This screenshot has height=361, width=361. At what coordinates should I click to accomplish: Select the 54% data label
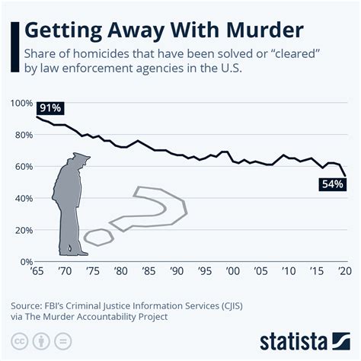(x=334, y=184)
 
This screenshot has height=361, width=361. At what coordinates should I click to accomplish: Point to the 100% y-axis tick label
(x=21, y=103)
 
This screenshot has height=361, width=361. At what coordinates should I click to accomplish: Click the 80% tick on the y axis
(x=22, y=135)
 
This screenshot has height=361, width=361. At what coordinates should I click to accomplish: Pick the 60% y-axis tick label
(x=22, y=166)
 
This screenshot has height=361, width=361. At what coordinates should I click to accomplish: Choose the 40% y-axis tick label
(x=22, y=198)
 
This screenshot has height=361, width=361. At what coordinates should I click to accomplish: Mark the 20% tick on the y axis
(x=22, y=230)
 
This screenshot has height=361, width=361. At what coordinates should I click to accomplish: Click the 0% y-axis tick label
(x=24, y=261)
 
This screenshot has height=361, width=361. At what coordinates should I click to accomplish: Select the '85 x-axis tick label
(x=149, y=271)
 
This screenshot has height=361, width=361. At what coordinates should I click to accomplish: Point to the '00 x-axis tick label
(x=234, y=271)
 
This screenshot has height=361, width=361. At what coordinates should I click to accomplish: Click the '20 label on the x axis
(x=345, y=271)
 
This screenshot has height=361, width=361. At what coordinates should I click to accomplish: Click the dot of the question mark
(x=98, y=237)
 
